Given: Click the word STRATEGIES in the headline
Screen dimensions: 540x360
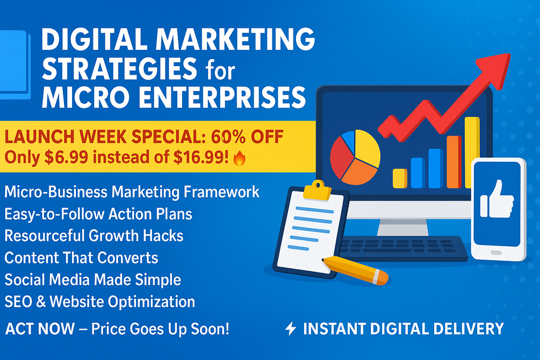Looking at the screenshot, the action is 119,68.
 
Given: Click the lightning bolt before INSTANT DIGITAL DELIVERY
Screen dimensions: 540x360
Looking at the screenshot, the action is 290,328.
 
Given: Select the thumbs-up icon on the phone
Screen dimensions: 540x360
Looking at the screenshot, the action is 497,200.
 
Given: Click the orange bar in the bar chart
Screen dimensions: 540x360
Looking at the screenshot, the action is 454,162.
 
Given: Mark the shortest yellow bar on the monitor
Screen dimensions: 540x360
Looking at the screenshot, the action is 400,178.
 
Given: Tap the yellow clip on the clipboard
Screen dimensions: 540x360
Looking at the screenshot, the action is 317,190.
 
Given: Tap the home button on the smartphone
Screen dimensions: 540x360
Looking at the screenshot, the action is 496,253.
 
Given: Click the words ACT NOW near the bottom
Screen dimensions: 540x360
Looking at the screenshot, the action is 40,329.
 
